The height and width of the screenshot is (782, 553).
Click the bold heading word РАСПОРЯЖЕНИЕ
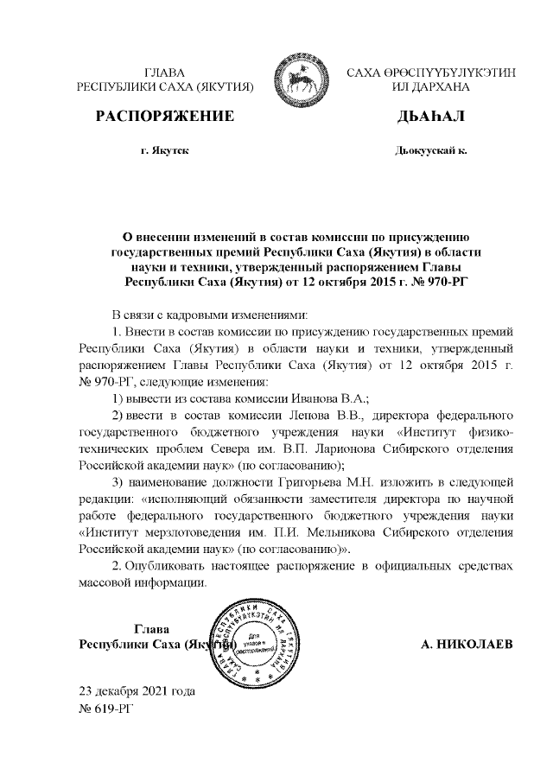[164, 117]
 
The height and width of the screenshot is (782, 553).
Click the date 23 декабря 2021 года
[137, 691]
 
